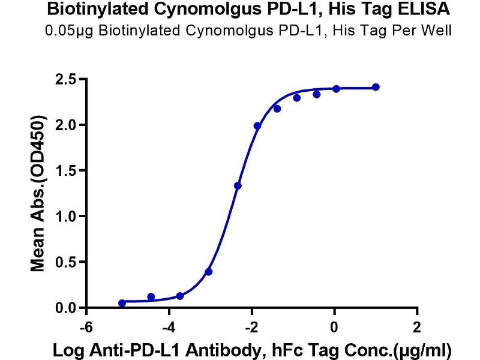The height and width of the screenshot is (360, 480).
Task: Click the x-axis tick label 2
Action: click(417, 328)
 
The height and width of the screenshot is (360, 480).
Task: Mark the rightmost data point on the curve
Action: click(376, 87)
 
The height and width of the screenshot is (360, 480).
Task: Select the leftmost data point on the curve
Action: click(122, 303)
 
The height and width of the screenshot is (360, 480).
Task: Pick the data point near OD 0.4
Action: click(209, 272)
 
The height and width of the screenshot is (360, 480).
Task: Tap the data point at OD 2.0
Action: click(257, 126)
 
